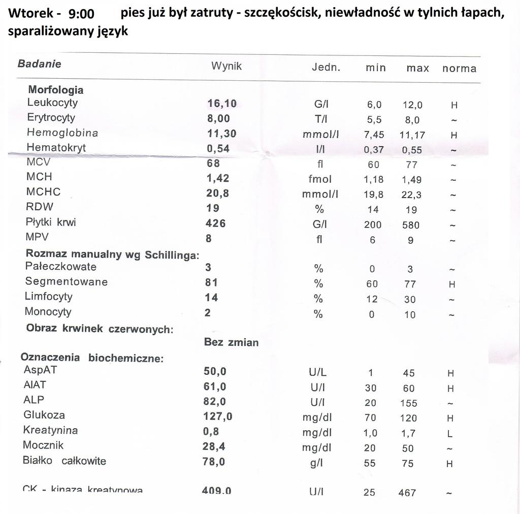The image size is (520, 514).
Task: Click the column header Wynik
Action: (x=226, y=66)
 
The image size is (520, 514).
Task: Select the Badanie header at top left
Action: (x=39, y=64)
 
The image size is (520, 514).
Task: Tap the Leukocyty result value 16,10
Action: (x=222, y=104)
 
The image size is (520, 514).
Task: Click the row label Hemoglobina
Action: (x=62, y=133)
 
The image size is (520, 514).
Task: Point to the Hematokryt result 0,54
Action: (x=218, y=148)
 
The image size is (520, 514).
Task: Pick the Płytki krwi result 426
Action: (x=215, y=223)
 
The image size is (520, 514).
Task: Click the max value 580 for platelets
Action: (x=411, y=224)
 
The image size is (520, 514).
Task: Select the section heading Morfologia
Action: (x=56, y=90)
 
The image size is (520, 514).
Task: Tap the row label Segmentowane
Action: (x=66, y=282)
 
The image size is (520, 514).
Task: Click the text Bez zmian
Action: (x=231, y=342)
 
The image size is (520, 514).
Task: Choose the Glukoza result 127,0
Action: (x=218, y=416)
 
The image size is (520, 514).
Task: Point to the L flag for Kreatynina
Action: (x=450, y=434)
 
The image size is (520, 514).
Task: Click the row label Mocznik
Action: (x=43, y=445)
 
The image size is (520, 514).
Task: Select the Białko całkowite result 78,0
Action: (x=214, y=462)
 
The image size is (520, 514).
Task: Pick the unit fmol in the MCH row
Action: (x=320, y=179)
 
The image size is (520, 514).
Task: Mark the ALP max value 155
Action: (x=408, y=403)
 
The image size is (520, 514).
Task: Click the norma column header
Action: (x=459, y=68)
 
